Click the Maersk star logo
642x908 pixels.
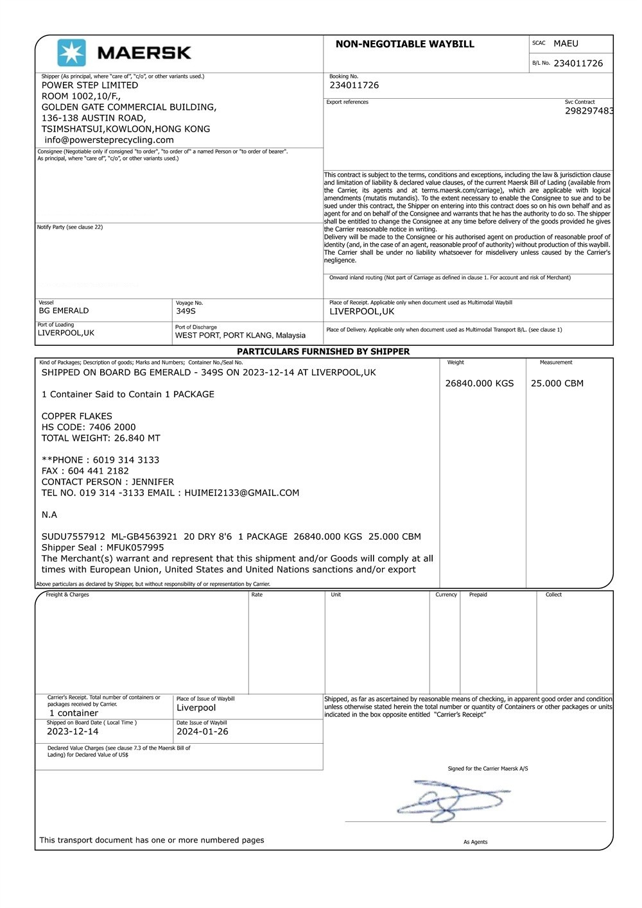[x=71, y=53]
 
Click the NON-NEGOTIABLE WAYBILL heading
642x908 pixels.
[x=404, y=44]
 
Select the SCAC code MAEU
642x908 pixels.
[x=566, y=44]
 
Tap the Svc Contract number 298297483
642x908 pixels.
[x=589, y=111]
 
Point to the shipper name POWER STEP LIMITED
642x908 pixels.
[x=90, y=85]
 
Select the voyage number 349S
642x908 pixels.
[x=186, y=311]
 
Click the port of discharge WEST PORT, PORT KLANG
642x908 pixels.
[x=240, y=336]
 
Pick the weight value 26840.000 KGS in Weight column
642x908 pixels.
[x=480, y=384]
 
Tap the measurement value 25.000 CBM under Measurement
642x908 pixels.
[x=557, y=384]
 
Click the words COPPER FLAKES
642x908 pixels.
[x=77, y=416]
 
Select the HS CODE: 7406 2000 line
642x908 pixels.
[x=89, y=427]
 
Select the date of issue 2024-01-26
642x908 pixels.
[x=202, y=732]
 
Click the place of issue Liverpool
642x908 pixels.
[x=196, y=708]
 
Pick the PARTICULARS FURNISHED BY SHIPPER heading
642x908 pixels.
[x=323, y=352]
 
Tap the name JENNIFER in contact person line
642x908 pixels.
[x=152, y=482]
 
